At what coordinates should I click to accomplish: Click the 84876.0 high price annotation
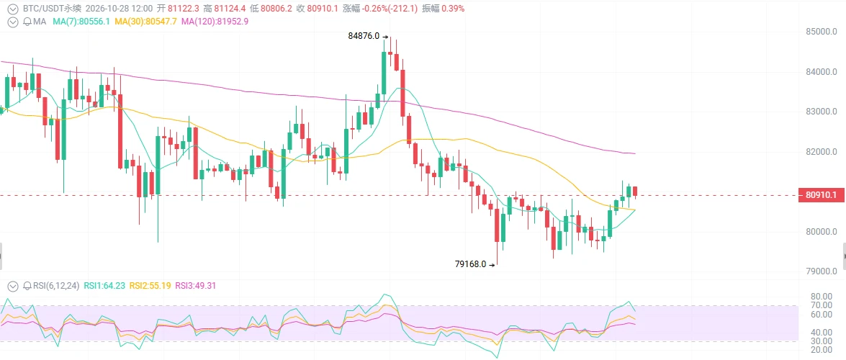click(365, 36)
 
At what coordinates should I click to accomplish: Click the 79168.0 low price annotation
click(470, 264)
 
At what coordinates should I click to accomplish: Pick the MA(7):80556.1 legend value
click(81, 22)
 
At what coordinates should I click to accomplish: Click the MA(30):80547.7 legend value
click(145, 22)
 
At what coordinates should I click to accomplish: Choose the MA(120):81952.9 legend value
click(215, 22)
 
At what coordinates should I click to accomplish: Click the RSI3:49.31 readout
click(195, 286)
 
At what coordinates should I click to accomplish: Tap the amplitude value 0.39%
click(453, 9)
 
